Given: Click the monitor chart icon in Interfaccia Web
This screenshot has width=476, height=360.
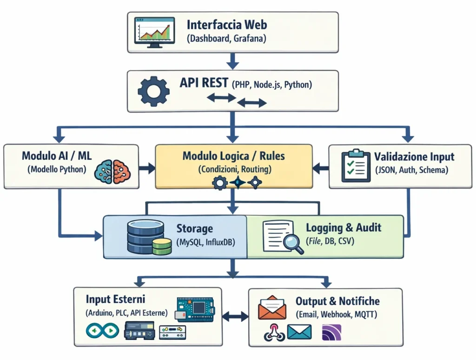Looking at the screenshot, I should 154,32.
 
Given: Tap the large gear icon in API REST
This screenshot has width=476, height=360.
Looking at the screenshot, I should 154,92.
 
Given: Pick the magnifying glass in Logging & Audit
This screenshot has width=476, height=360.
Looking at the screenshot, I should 292,244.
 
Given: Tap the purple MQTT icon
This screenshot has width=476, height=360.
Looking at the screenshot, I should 332,332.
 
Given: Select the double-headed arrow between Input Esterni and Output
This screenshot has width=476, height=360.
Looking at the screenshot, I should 235,317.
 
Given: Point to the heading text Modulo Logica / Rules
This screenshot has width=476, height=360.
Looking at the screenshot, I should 234,155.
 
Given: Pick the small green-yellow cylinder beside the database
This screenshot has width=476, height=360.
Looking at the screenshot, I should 162,247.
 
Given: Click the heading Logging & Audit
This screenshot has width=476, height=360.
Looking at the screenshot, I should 344,227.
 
